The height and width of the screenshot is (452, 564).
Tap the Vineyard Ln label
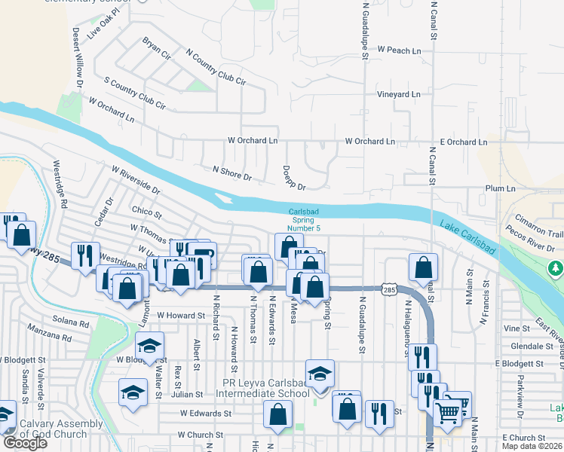click(399, 95)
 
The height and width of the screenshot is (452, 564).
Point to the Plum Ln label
click(500, 188)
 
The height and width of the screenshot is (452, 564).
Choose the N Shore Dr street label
click(231, 174)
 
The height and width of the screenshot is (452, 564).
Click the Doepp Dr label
click(293, 178)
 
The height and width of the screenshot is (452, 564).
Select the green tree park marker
click(556, 267)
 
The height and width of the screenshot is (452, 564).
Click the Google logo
click(25, 443)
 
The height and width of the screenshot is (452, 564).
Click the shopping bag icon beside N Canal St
click(424, 266)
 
